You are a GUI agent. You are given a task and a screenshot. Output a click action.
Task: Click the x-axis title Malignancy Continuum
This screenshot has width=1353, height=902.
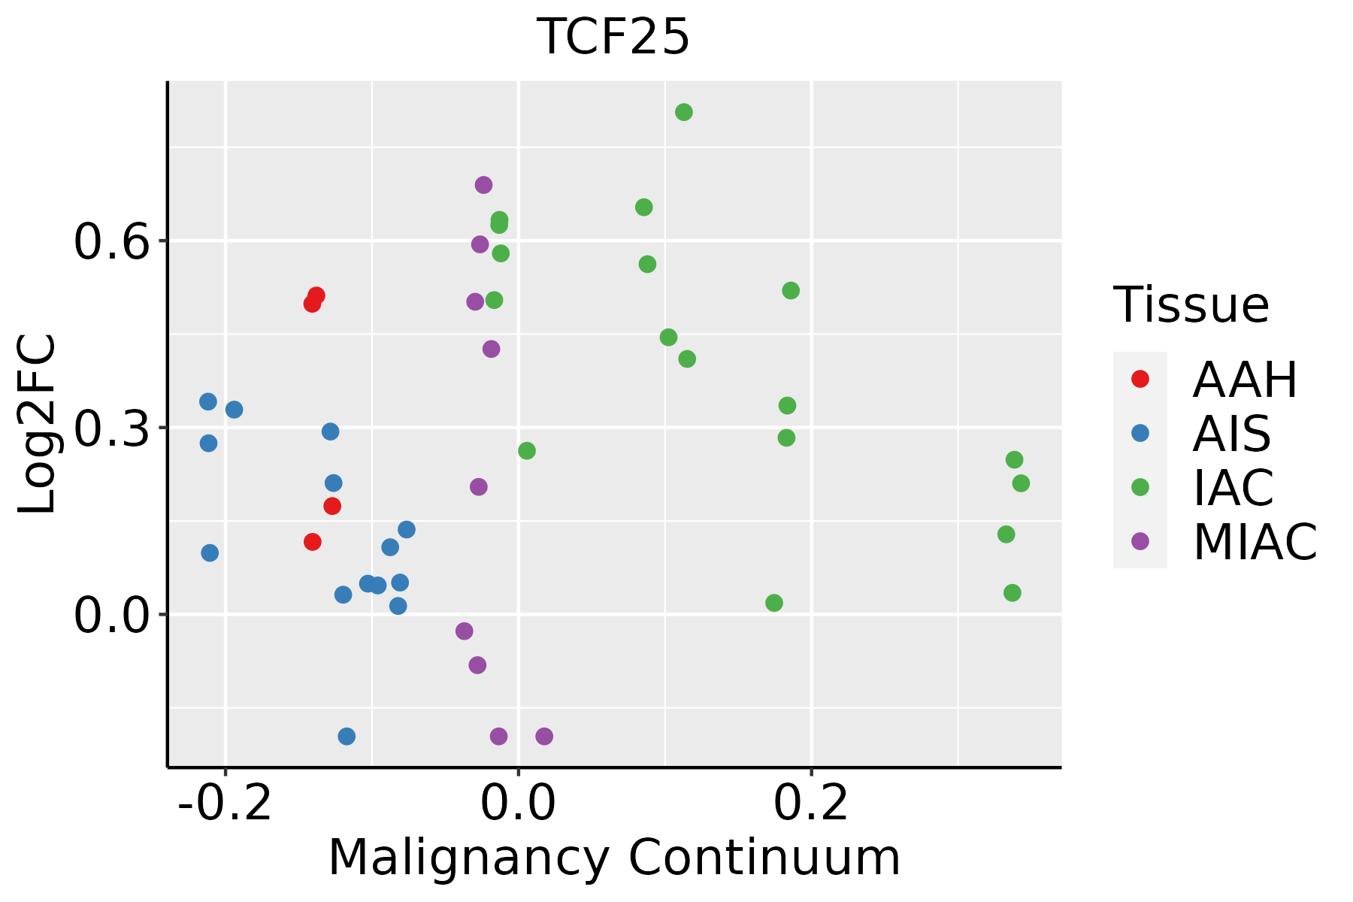pos(614,858)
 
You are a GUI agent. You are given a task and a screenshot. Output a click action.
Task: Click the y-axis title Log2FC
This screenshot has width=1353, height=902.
pos(38,425)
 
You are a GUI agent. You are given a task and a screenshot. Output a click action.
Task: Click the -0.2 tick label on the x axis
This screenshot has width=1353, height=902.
pos(225,803)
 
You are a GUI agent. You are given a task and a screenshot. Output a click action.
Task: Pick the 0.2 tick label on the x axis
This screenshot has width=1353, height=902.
pos(811,803)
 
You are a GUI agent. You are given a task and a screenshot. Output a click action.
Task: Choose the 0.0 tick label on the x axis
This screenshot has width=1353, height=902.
pos(518,803)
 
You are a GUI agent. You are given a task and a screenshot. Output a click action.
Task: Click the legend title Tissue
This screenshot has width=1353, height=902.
pos(1191,305)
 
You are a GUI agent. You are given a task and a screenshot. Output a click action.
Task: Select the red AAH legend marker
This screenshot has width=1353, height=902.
pos(1140,379)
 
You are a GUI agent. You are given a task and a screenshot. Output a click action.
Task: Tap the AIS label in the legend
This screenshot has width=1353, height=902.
pos(1232,434)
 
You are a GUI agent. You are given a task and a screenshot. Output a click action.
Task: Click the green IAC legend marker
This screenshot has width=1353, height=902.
pos(1140,487)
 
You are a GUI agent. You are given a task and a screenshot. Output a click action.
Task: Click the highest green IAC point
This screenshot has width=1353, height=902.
pos(684,113)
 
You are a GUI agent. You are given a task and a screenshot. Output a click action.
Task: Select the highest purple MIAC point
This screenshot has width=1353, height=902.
pos(484,185)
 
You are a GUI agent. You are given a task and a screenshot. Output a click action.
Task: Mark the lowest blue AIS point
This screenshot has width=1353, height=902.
pos(347,736)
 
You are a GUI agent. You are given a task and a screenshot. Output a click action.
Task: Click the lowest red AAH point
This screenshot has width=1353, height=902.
pos(313,542)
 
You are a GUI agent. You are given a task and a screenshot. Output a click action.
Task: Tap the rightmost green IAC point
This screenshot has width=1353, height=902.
pos(1021,483)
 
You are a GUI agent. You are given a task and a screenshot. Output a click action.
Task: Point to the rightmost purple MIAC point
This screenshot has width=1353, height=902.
pos(544,736)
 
